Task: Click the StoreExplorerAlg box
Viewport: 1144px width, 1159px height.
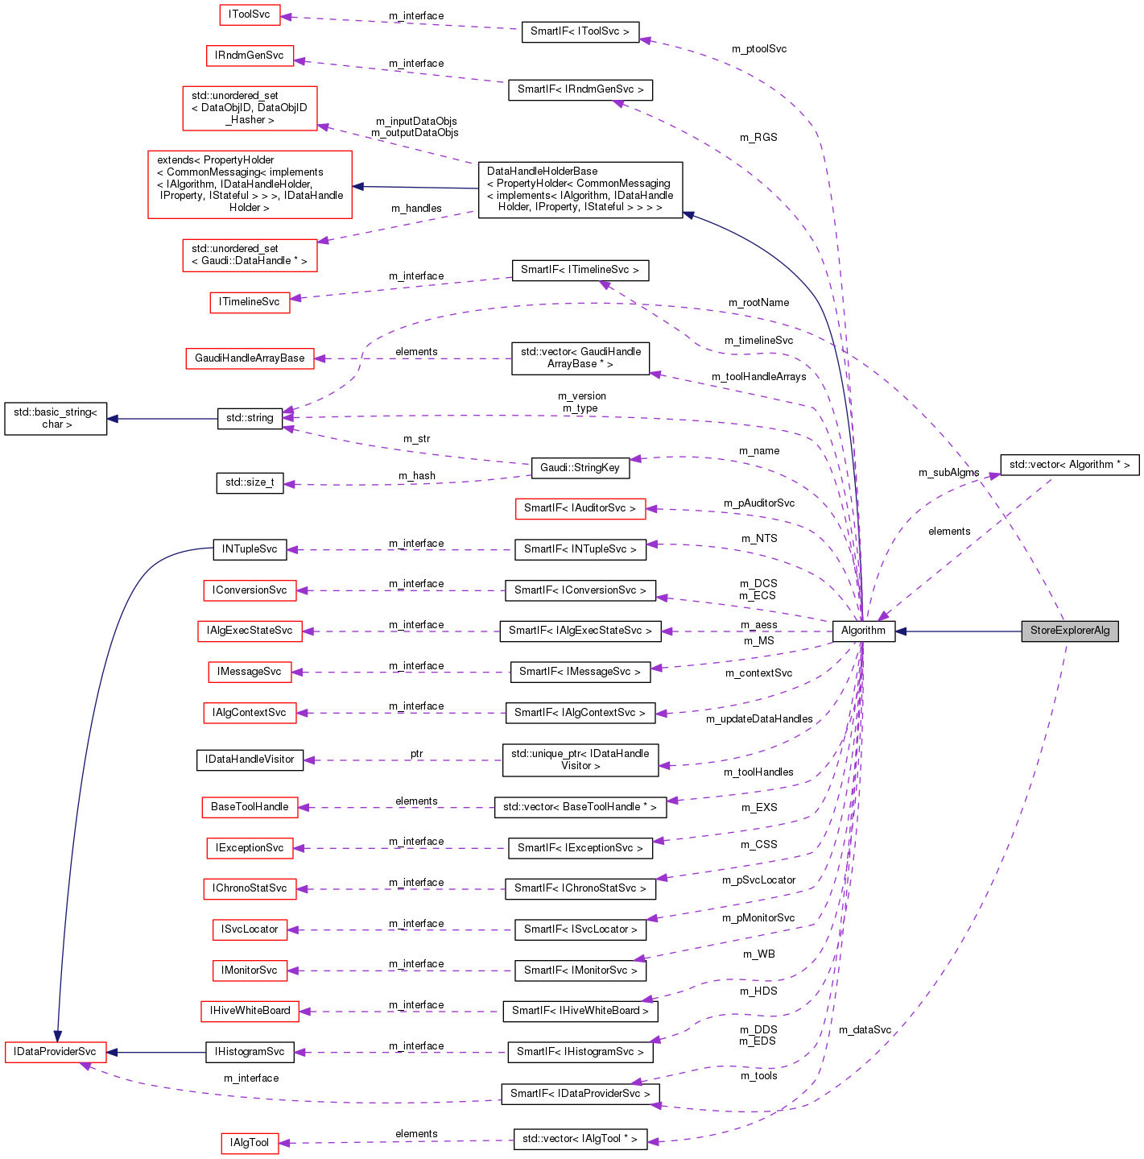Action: click(x=1070, y=631)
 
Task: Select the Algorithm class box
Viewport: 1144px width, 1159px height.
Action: click(x=863, y=631)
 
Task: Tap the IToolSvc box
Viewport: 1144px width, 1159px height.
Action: click(x=250, y=14)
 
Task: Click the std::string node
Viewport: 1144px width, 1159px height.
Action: click(x=250, y=418)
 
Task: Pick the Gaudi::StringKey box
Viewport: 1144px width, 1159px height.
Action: click(x=580, y=468)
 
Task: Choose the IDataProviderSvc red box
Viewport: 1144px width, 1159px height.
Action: click(x=55, y=1052)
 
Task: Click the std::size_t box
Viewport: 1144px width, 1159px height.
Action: click(x=250, y=483)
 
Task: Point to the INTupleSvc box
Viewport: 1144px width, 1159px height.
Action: click(x=250, y=549)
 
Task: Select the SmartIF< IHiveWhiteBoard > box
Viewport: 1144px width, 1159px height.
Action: click(x=580, y=1011)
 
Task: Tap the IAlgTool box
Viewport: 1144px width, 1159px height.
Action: click(x=250, y=1143)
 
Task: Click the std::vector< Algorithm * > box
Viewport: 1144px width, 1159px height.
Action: click(x=1069, y=465)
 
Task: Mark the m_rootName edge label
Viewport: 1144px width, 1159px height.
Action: click(x=758, y=303)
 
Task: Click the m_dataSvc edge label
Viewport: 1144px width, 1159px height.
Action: click(x=865, y=1030)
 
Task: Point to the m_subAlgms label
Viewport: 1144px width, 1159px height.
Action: click(x=948, y=473)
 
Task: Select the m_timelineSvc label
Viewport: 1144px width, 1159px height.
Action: click(x=758, y=341)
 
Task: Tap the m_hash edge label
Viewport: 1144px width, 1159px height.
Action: click(x=417, y=476)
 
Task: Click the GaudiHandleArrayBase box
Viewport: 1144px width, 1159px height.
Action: click(x=250, y=358)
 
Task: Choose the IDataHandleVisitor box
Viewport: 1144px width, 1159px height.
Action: click(x=250, y=760)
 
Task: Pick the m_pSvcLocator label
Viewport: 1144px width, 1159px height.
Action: click(x=758, y=880)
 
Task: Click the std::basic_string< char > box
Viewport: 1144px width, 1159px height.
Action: click(x=56, y=419)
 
